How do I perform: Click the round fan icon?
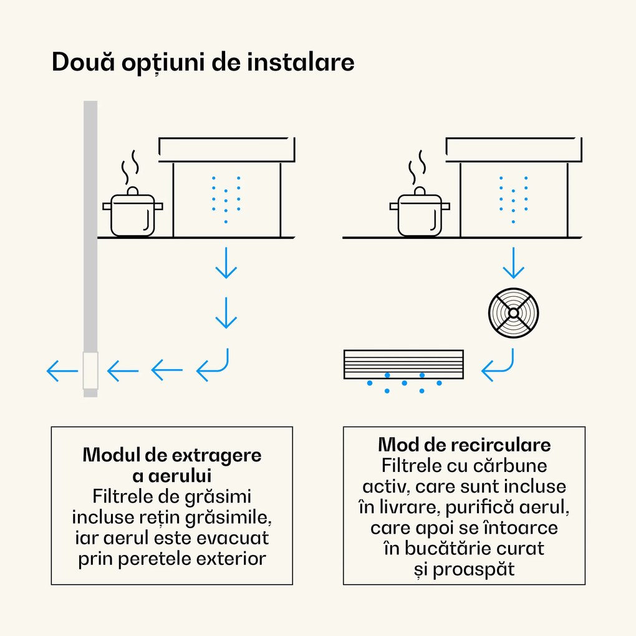coord(513,312)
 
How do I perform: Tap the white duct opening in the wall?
coord(90,371)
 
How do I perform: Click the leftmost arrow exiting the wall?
coord(62,372)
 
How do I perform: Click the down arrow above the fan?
coord(513,264)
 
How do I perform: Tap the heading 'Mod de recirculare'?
coord(464,445)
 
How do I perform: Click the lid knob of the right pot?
coord(420,190)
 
